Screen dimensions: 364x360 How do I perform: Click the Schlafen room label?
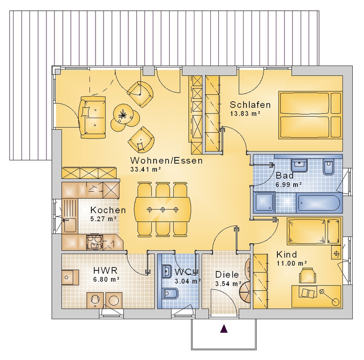pos(250,105)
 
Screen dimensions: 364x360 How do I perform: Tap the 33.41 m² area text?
pos(146,169)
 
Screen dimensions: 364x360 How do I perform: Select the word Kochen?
pos(108,210)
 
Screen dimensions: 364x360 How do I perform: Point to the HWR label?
pos(105,270)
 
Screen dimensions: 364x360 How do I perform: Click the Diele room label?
pos(227,275)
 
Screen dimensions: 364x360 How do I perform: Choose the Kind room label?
pos(286,255)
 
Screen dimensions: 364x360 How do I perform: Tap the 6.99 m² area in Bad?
pos(289,185)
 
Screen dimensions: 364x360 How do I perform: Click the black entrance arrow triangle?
pos(224,329)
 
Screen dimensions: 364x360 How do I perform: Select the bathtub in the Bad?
pos(319,203)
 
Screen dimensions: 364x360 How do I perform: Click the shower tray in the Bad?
pos(264,202)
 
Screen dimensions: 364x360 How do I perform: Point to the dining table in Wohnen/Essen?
pos(163,210)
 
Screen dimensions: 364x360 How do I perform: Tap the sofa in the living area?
pos(93,118)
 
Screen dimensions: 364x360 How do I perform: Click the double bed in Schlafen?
pos(311,115)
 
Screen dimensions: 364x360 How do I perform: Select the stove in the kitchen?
pos(94,242)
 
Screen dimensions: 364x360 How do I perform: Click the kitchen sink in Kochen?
pos(70,225)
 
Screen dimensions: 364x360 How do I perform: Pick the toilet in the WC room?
pos(170,293)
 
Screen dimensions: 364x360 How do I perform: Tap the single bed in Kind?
pos(314,231)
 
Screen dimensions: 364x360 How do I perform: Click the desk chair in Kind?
pos(307,276)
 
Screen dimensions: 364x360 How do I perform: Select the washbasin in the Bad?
pos(299,165)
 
